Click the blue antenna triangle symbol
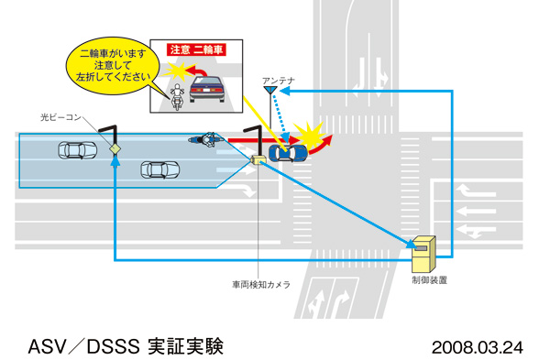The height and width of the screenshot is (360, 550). [x=269, y=91]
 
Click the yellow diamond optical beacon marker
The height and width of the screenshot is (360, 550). [x=115, y=147]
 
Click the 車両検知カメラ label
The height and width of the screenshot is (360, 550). [x=260, y=286]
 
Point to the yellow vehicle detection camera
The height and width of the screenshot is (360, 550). [x=259, y=160]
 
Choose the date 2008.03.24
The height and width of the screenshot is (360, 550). [x=477, y=348]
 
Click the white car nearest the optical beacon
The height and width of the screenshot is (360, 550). [x=75, y=148]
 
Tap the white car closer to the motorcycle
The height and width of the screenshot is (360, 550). [x=159, y=169]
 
